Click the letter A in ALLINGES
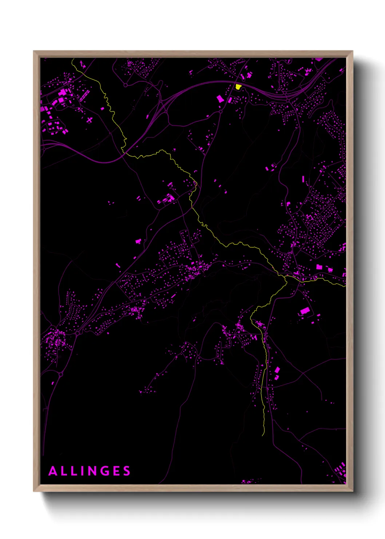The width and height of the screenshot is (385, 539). tap(53, 471)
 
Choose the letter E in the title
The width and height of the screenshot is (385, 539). tap(117, 471)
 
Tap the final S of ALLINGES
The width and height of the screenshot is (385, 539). tap(127, 471)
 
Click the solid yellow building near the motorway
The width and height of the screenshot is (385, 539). tap(238, 87)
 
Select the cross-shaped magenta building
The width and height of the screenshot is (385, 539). tap(90, 119)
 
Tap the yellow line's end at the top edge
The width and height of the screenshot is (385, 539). tap(72, 59)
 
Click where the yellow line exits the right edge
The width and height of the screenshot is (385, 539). tap(345, 286)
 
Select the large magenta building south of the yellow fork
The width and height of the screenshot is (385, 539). tap(305, 311)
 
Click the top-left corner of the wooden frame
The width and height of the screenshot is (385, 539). tap(34, 51)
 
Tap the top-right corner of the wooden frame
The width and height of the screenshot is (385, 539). tap(353, 51)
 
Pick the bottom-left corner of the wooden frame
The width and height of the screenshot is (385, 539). tap(34, 491)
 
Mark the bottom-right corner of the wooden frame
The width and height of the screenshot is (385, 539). tap(353, 491)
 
